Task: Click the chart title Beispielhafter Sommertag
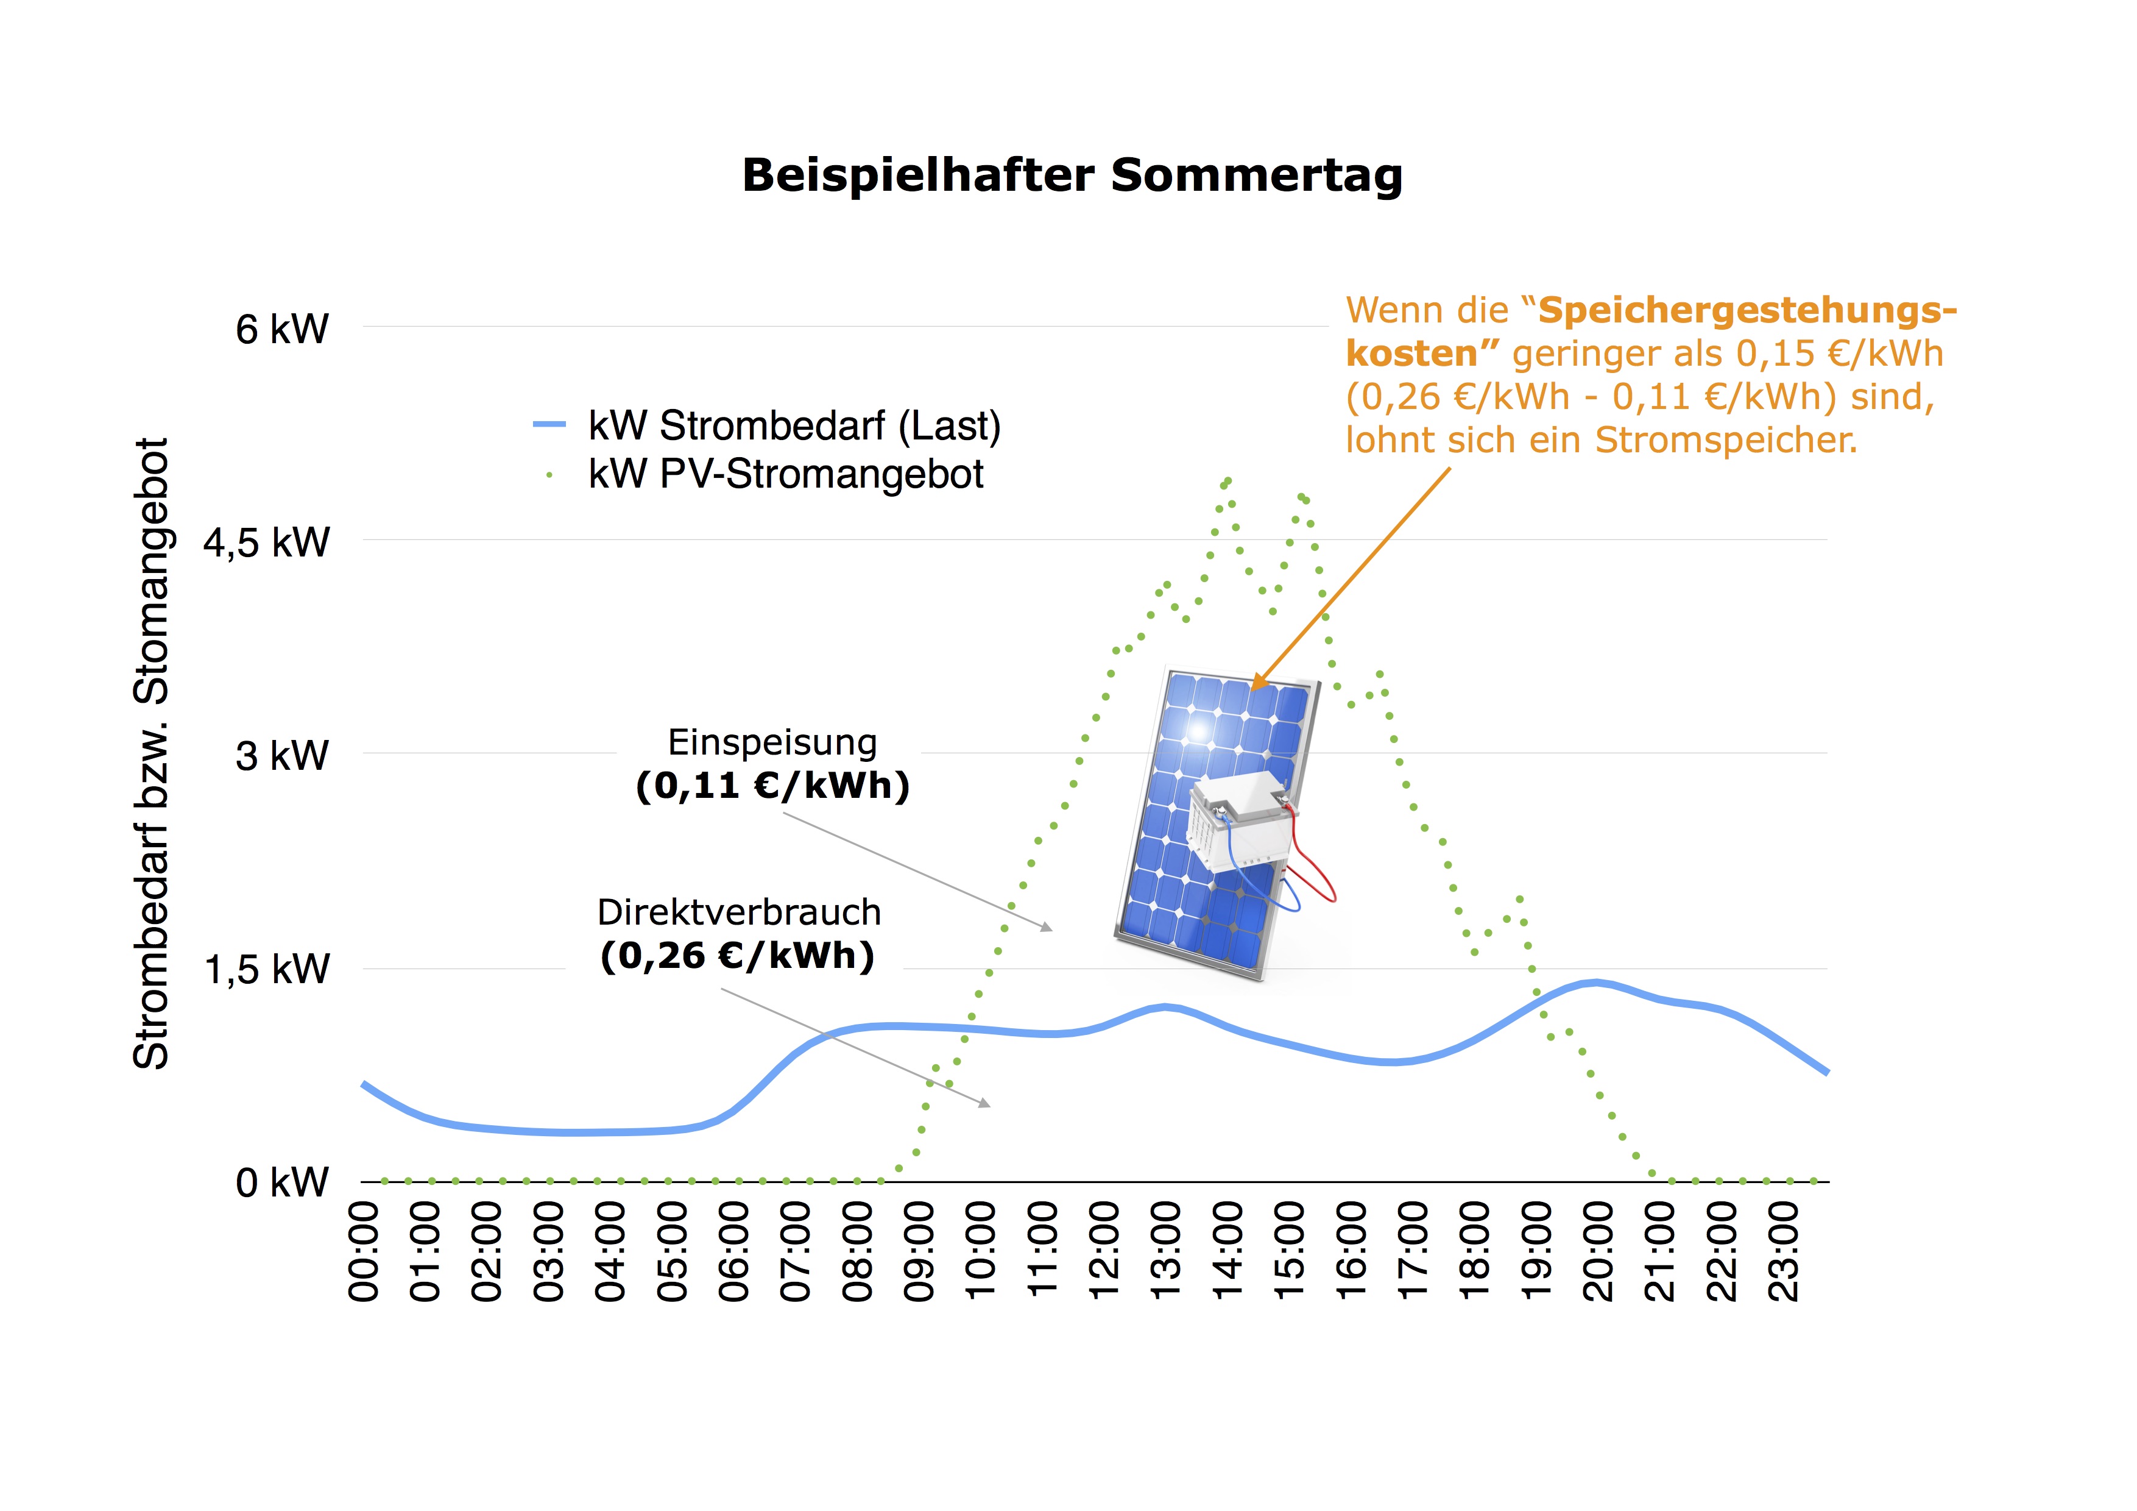1072,175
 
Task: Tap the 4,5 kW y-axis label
267,542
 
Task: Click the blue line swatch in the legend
549,425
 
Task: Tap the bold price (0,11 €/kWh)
772,785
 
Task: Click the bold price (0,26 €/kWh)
737,955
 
